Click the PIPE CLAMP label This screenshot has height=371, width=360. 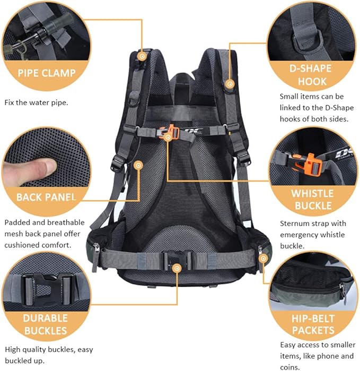pos(47,73)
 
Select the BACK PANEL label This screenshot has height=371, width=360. pos(47,197)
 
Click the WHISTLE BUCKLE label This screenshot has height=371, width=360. pos(312,200)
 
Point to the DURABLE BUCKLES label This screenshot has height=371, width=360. pos(46,324)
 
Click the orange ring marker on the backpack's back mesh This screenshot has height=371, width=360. pos(139,166)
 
